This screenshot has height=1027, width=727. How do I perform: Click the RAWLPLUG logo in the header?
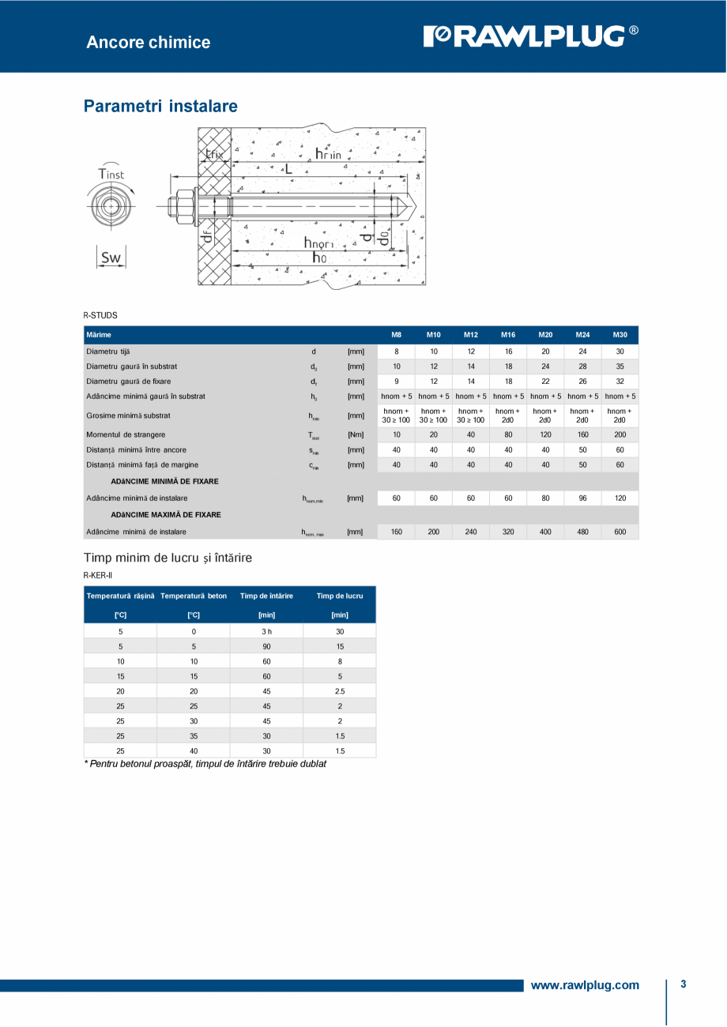click(531, 36)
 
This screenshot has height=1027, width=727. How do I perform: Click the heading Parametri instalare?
click(160, 106)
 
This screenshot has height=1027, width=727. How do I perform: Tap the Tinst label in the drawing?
click(111, 173)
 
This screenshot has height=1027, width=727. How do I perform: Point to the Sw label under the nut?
click(111, 257)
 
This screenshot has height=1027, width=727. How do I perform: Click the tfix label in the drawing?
click(213, 154)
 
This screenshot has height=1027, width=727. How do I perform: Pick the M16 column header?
click(508, 335)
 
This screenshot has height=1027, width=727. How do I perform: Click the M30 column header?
click(620, 335)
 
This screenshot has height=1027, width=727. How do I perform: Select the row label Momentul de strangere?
click(126, 434)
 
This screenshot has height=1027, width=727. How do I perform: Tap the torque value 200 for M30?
click(620, 434)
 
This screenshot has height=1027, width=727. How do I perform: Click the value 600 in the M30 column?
click(620, 532)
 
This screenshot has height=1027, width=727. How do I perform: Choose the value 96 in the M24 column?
click(582, 498)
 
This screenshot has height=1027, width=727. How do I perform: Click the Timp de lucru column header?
click(340, 596)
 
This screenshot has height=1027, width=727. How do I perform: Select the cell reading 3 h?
click(266, 632)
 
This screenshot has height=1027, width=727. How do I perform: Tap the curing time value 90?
click(266, 646)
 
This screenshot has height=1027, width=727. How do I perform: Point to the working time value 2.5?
click(340, 691)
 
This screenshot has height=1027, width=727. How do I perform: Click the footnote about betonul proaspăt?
click(205, 764)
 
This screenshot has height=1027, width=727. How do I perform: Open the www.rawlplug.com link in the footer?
click(585, 985)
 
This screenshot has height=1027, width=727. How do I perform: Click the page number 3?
click(683, 984)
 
